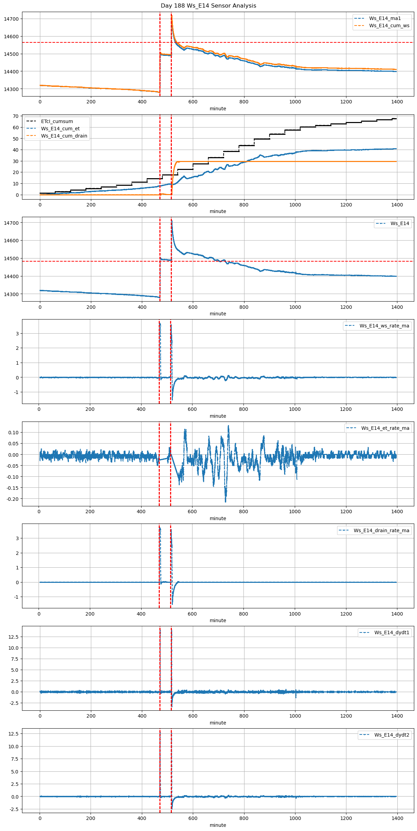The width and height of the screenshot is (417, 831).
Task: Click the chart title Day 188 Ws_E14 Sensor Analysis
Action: (208, 6)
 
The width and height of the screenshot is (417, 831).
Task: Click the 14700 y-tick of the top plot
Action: (11, 19)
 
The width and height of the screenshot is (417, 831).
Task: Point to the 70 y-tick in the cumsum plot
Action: (16, 116)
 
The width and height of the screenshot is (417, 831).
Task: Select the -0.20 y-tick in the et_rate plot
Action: (13, 499)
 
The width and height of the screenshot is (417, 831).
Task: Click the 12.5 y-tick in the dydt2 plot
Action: (14, 733)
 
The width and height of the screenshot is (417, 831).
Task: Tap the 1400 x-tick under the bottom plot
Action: (397, 818)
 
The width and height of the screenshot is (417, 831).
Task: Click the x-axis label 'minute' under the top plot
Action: (218, 109)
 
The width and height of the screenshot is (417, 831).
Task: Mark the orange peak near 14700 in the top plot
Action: (171, 15)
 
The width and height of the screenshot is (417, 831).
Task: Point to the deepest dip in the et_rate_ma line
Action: (226, 501)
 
